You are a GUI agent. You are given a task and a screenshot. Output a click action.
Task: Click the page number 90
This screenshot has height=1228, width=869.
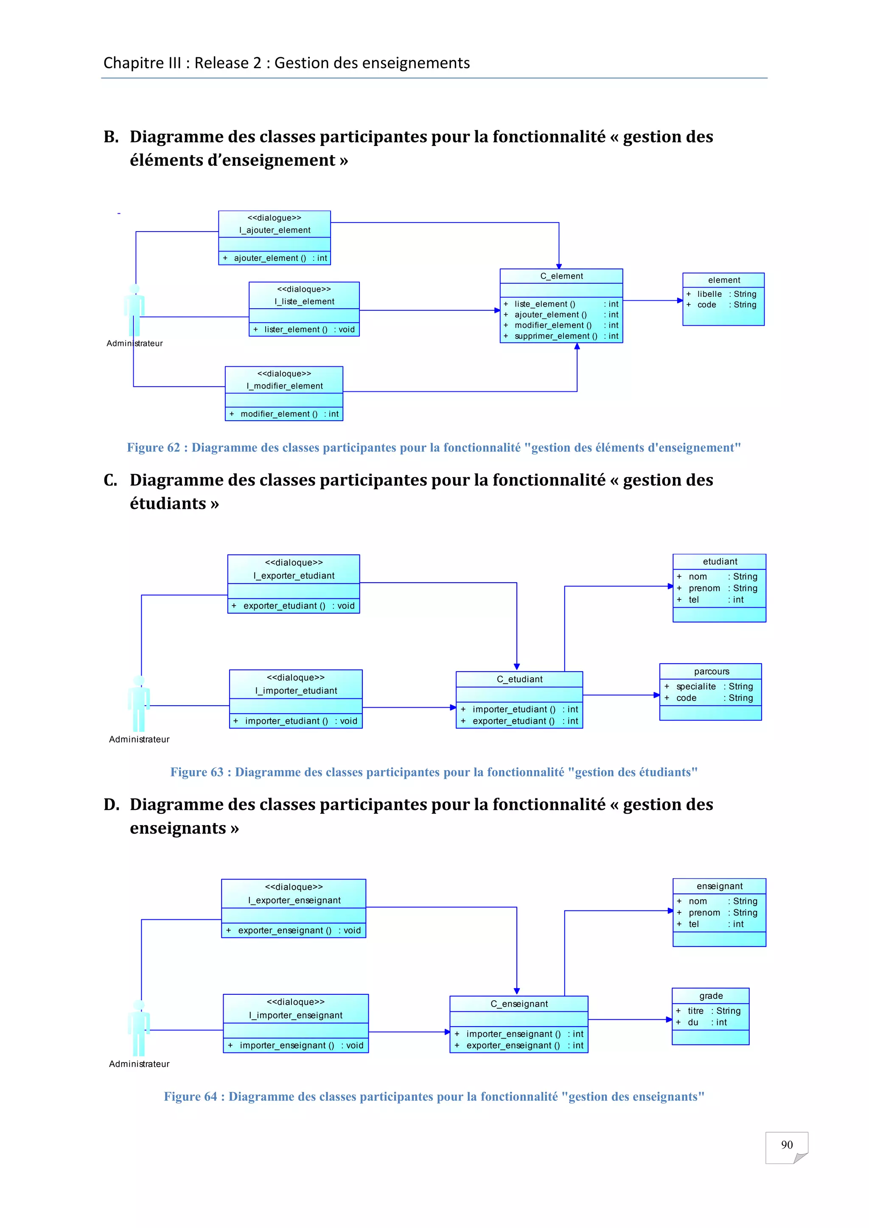tap(786, 1144)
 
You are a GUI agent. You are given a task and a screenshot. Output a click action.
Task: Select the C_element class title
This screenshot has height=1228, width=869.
tap(561, 276)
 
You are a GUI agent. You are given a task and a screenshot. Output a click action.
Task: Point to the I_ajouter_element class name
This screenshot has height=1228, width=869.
tap(275, 230)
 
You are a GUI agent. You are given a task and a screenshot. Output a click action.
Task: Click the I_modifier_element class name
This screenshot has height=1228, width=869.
tap(284, 385)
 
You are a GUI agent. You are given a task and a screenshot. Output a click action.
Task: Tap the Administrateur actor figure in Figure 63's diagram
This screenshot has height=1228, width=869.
tap(139, 703)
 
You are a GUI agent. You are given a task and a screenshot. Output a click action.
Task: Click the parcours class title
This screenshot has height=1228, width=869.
tap(711, 671)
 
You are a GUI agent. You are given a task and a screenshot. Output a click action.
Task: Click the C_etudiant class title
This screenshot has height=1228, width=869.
tap(519, 679)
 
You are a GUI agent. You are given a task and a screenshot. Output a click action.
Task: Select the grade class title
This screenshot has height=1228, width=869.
tap(711, 996)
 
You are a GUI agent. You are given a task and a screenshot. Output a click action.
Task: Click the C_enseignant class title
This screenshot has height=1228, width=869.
tap(519, 1004)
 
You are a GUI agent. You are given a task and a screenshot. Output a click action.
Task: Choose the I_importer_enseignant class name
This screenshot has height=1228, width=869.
tap(295, 1015)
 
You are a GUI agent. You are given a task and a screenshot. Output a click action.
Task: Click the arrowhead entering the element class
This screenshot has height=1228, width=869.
tap(680, 301)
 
